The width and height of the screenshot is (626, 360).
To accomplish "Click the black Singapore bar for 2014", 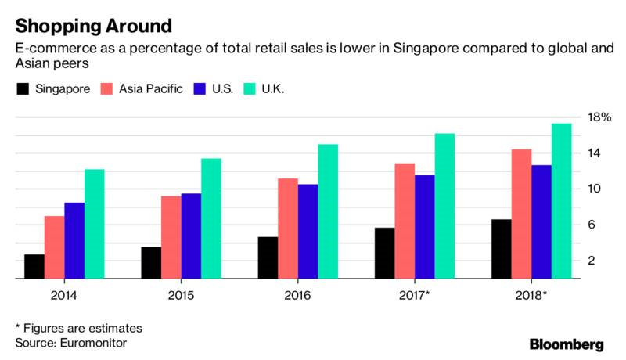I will coord(34,266).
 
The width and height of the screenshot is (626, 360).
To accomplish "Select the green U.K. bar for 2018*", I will coord(561,201).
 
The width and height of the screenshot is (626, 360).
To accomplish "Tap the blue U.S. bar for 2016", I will coord(308,232).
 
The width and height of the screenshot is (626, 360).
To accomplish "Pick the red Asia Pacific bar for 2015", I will coord(171,237).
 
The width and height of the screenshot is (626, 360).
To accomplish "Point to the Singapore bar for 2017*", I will coord(385,253).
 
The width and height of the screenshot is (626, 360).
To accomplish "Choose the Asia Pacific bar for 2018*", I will coord(521,214).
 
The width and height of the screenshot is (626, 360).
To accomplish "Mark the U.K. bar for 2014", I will coord(95,224).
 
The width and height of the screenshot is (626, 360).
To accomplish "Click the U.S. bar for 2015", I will coord(191,236).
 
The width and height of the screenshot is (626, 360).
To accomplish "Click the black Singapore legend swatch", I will coord(23,89).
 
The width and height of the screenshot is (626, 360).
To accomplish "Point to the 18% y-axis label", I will coord(599,117).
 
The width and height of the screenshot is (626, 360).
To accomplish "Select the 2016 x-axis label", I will coord(297,295).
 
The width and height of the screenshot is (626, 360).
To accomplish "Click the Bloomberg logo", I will coord(567,344).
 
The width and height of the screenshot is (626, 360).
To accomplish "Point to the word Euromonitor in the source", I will coord(93,342).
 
